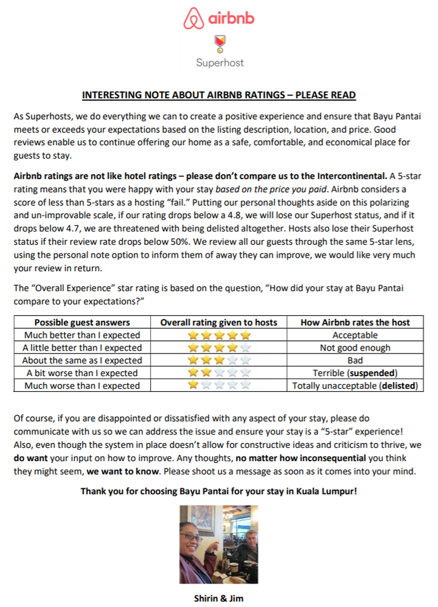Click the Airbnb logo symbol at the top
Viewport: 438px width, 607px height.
[x=193, y=19]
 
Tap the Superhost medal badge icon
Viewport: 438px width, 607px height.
[x=219, y=44]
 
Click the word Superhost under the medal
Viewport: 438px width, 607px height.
[x=219, y=62]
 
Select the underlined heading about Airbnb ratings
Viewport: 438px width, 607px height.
[x=219, y=95]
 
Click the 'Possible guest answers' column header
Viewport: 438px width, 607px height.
[x=82, y=323]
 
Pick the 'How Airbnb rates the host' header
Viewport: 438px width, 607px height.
[x=355, y=323]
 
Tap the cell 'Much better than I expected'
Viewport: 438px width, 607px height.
[x=82, y=335]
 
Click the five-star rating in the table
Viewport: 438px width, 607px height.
[x=219, y=335]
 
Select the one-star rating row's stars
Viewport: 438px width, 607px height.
[x=219, y=385]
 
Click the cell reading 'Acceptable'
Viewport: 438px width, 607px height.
[x=355, y=335]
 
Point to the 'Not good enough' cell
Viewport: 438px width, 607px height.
[x=355, y=348]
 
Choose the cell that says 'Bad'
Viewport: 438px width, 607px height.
[x=355, y=360]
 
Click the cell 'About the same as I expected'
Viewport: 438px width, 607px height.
[x=82, y=360]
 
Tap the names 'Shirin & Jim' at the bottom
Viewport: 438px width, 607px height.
[x=219, y=597]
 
